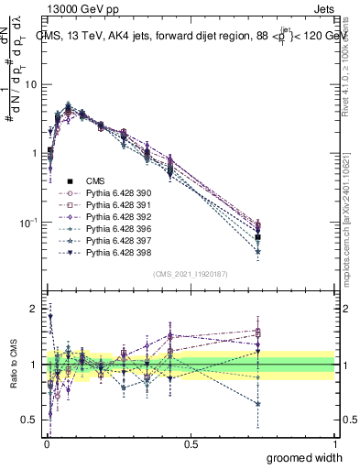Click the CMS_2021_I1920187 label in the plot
(191, 274)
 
